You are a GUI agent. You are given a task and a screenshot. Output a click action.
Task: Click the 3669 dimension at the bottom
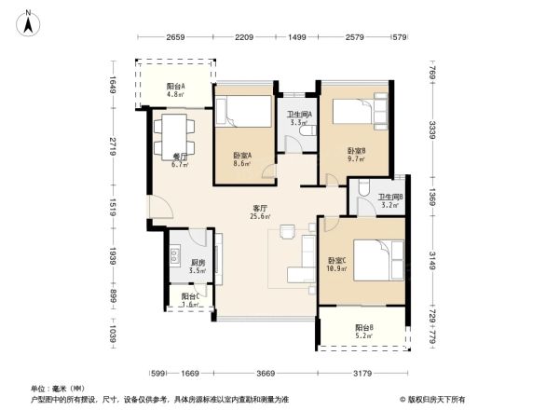(260, 374)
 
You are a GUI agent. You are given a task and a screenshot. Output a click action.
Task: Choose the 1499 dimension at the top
(297, 37)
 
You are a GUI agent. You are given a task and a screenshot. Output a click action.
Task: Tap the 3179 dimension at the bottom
(364, 374)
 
